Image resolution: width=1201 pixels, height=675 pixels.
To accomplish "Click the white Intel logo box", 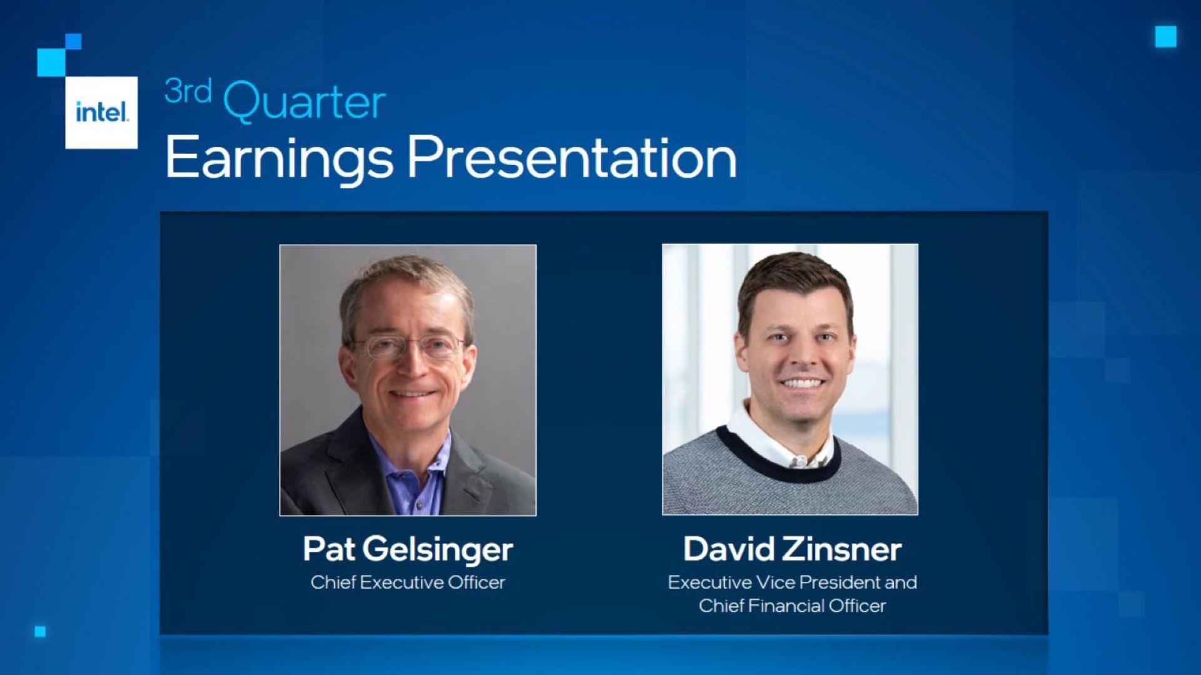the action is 101,113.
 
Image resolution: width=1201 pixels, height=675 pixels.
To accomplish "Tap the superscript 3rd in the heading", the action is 188,91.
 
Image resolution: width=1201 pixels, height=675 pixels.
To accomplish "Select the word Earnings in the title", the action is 279,159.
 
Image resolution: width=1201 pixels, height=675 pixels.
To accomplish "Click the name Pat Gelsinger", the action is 408,549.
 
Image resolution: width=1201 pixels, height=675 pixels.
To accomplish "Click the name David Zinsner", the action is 792,549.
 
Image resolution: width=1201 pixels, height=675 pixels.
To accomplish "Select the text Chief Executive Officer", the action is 408,582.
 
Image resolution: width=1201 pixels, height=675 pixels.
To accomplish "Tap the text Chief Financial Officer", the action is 792,606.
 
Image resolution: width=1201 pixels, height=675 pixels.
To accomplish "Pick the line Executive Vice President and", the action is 792,582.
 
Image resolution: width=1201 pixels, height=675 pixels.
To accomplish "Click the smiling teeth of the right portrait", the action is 803,383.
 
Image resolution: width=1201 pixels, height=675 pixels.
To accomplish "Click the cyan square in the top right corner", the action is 1165,37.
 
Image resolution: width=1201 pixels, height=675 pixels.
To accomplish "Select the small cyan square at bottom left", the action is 40,632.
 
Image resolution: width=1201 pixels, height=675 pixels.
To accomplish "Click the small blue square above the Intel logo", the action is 73,41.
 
